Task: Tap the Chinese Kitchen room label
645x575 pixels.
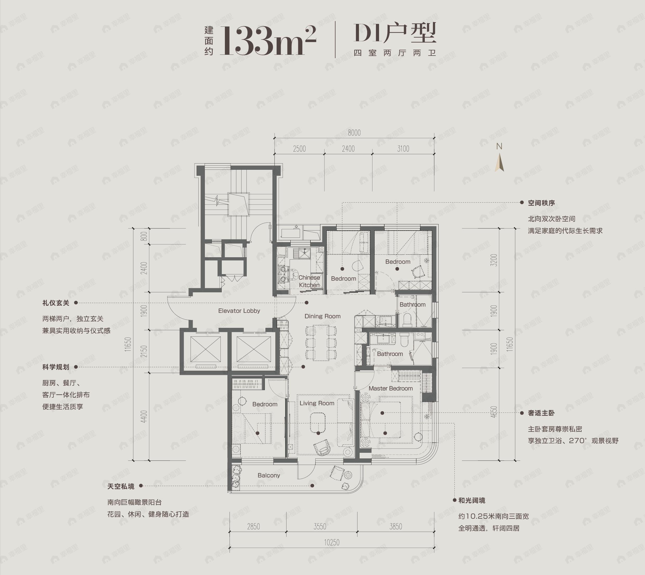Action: (x=309, y=281)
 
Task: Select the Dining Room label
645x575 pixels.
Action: (x=322, y=316)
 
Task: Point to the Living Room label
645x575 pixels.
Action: (x=317, y=403)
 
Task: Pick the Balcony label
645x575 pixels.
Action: (x=269, y=475)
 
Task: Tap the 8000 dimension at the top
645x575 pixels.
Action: (x=354, y=133)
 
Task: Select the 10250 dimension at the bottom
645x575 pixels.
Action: (x=331, y=543)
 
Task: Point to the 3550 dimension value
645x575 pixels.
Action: (x=320, y=527)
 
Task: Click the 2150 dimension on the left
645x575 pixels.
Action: (x=144, y=351)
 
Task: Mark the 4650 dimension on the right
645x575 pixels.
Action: (x=494, y=412)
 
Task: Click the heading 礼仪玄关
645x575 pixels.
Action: (x=56, y=303)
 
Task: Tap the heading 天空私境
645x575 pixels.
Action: (x=121, y=486)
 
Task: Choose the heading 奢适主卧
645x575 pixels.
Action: (x=541, y=413)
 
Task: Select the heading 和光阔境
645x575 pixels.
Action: (x=472, y=500)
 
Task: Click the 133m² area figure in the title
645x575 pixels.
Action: (x=268, y=41)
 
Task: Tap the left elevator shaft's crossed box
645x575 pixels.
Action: (x=205, y=349)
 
